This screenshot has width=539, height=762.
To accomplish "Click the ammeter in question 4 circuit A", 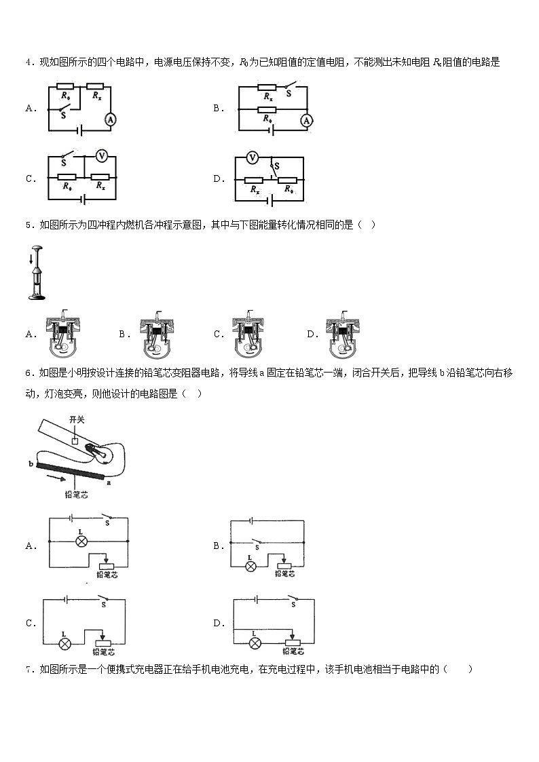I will [111, 119].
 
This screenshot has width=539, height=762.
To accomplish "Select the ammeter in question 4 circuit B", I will [306, 120].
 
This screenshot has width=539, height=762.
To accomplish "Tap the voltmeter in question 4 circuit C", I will [101, 156].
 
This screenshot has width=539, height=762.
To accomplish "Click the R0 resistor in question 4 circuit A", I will [66, 86].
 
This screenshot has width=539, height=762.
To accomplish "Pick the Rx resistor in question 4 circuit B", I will [267, 89].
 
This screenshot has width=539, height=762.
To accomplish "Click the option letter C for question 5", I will [219, 334].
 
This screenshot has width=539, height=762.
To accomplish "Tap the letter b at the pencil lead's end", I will [32, 463].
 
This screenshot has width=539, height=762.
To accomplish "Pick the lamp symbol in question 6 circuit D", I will [255, 642].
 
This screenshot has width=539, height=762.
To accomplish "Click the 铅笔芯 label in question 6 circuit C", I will [105, 653].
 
